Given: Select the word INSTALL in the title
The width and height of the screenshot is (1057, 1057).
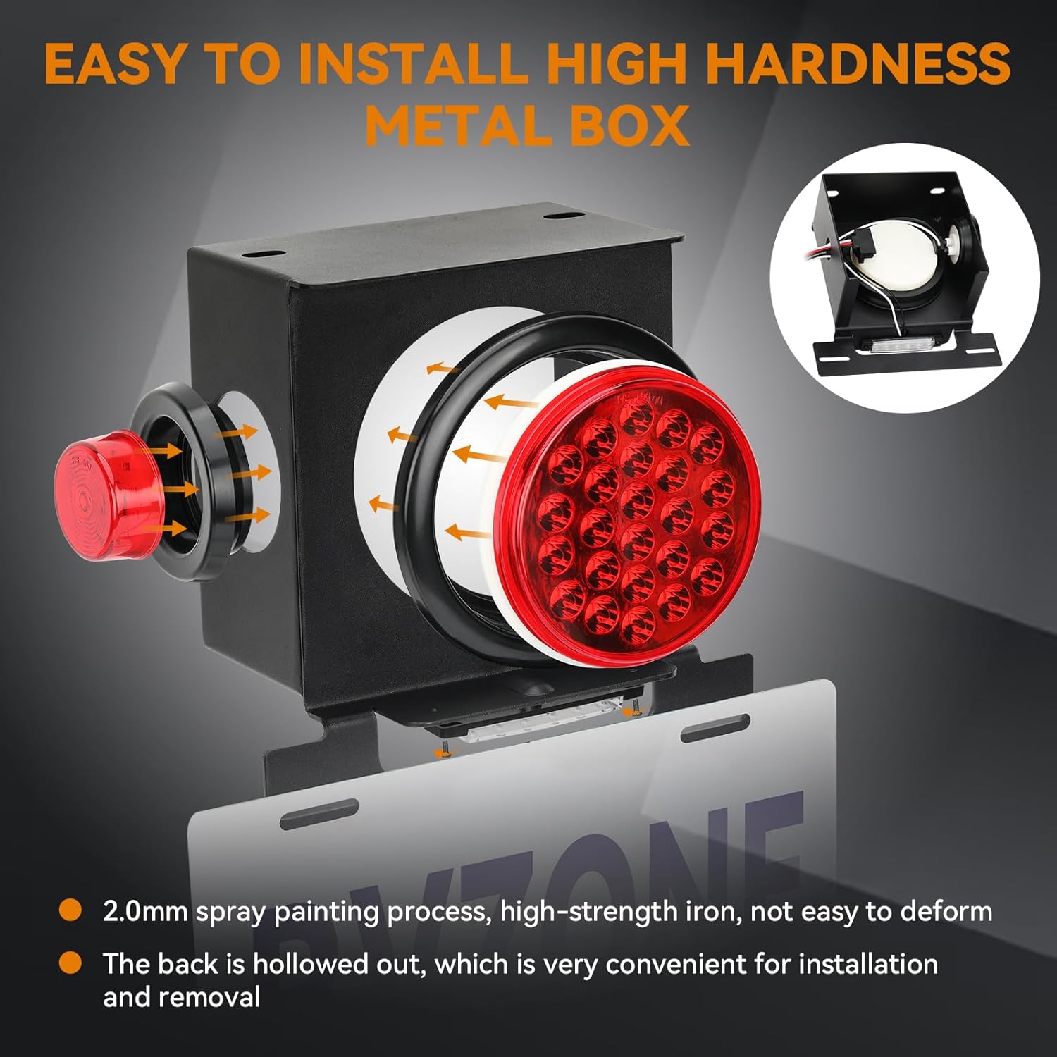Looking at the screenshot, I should tap(413, 63).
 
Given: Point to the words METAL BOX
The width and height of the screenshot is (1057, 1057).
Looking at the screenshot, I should tap(527, 125).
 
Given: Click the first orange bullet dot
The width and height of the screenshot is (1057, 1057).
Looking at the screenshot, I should tap(70, 910).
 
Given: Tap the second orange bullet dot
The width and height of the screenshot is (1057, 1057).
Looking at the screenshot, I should tap(70, 963).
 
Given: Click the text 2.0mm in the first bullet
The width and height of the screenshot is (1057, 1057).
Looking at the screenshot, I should tap(145, 912).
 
